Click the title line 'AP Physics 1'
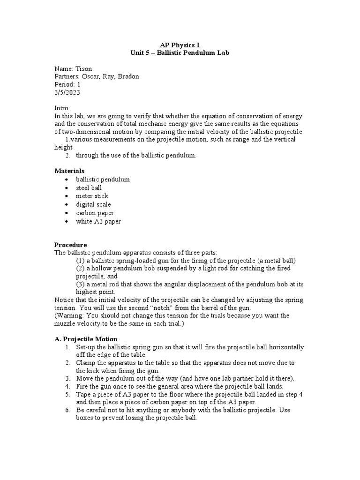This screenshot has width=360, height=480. coord(180,45)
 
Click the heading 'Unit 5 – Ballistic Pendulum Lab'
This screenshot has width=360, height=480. coord(180,53)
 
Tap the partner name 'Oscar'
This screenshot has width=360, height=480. coord(92,76)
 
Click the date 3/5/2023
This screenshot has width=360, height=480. coord(67,92)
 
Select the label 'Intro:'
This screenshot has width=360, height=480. coord(62,108)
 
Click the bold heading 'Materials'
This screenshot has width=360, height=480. coord(70,171)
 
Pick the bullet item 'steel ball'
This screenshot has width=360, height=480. coord(89,187)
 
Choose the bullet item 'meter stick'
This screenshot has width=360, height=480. coord(92,196)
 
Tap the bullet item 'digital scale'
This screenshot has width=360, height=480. coord(93,204)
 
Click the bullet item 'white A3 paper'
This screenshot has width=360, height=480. coord(98,221)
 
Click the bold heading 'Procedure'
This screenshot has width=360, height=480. coord(70,245)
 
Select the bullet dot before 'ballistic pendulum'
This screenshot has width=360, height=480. coord(68,180)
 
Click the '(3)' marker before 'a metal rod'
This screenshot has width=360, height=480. coord(81,284)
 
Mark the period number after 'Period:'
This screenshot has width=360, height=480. coord(79,84)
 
